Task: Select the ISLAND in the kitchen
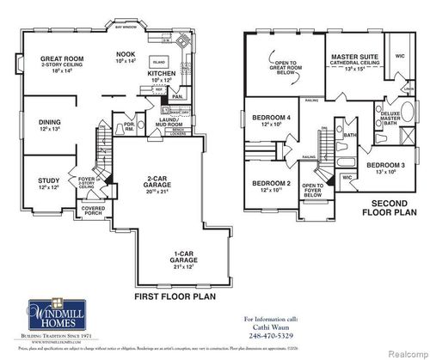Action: tap(158, 63)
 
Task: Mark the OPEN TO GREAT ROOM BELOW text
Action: tap(286, 66)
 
